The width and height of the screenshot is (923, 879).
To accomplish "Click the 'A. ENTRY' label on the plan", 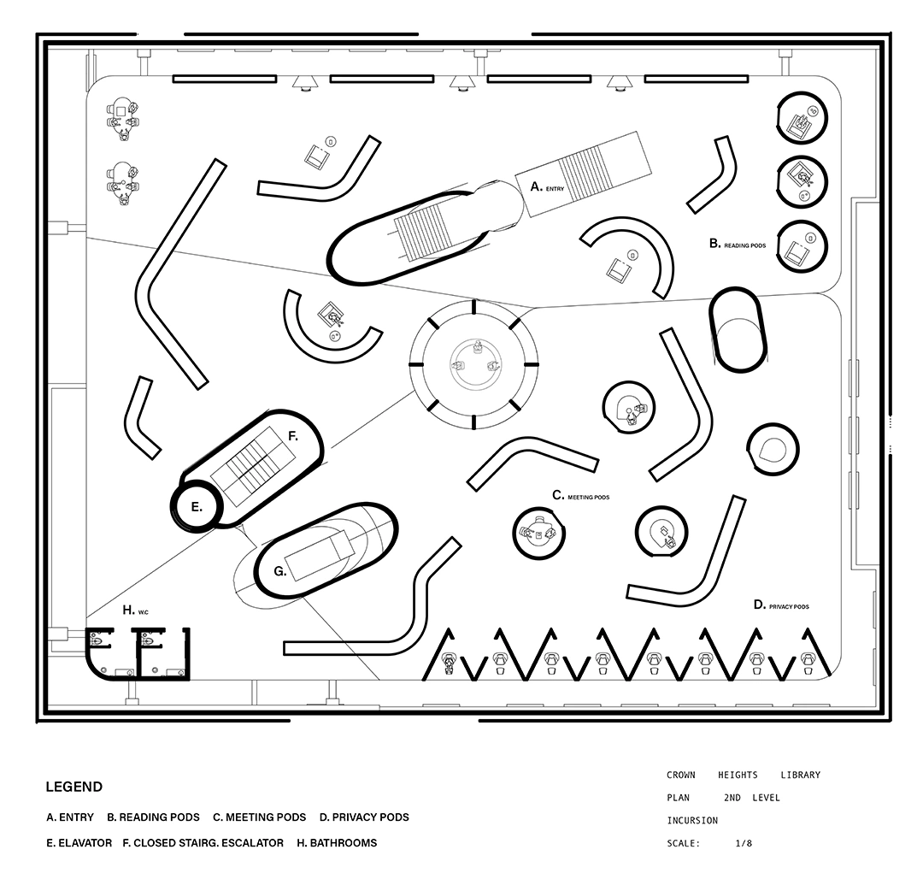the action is [547, 187].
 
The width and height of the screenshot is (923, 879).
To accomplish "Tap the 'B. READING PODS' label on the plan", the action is [738, 244].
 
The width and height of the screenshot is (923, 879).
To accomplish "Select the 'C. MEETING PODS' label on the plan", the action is [580, 496].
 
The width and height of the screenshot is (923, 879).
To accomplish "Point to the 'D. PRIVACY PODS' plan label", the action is [781, 605].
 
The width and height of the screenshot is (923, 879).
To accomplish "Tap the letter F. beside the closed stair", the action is [292, 437].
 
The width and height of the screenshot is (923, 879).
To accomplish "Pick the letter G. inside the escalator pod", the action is [280, 571].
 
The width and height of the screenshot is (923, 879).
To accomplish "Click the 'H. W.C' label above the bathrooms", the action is [135, 611].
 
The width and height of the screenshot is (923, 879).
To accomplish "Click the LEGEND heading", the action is [74, 788].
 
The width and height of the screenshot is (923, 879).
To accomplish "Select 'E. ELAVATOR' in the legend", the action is [79, 843].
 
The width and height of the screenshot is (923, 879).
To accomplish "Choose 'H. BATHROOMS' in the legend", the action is [337, 843].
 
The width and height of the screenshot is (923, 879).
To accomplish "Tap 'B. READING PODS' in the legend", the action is [153, 817].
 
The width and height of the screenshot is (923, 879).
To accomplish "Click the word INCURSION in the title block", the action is [692, 821].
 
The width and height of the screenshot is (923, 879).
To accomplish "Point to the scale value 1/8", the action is [744, 843].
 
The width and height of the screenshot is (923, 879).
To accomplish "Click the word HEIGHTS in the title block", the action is [738, 775].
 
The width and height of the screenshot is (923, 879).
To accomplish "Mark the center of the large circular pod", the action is [473, 364].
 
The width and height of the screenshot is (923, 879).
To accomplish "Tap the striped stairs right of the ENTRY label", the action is [582, 173].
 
